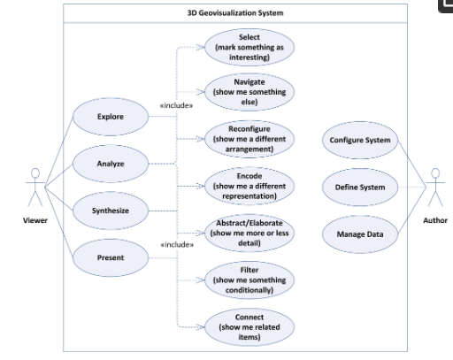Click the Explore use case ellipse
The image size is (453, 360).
coord(111,117)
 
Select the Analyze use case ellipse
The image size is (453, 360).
coord(111,164)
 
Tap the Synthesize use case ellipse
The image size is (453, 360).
coord(111,211)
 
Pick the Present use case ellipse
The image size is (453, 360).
coord(111,257)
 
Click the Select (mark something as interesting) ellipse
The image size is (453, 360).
coord(250,47)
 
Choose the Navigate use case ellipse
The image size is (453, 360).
coord(250,92)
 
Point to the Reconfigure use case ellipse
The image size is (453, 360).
coord(250,139)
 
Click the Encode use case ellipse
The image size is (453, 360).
coord(250,186)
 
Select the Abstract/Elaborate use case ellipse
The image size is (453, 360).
coord(250,233)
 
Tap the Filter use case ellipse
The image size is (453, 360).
coord(250,280)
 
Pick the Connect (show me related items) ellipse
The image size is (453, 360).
coord(250,327)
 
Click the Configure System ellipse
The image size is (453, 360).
coord(360,140)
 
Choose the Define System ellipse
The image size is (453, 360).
coord(360,188)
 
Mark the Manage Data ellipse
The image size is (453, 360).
coord(360,234)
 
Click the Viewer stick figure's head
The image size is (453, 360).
coord(35,173)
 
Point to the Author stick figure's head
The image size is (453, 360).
coord(435,173)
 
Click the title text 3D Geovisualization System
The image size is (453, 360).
coord(235,13)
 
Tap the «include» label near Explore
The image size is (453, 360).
coord(176,105)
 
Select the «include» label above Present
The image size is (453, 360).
coord(177,245)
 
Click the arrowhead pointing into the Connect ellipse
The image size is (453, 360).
coord(201,327)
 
